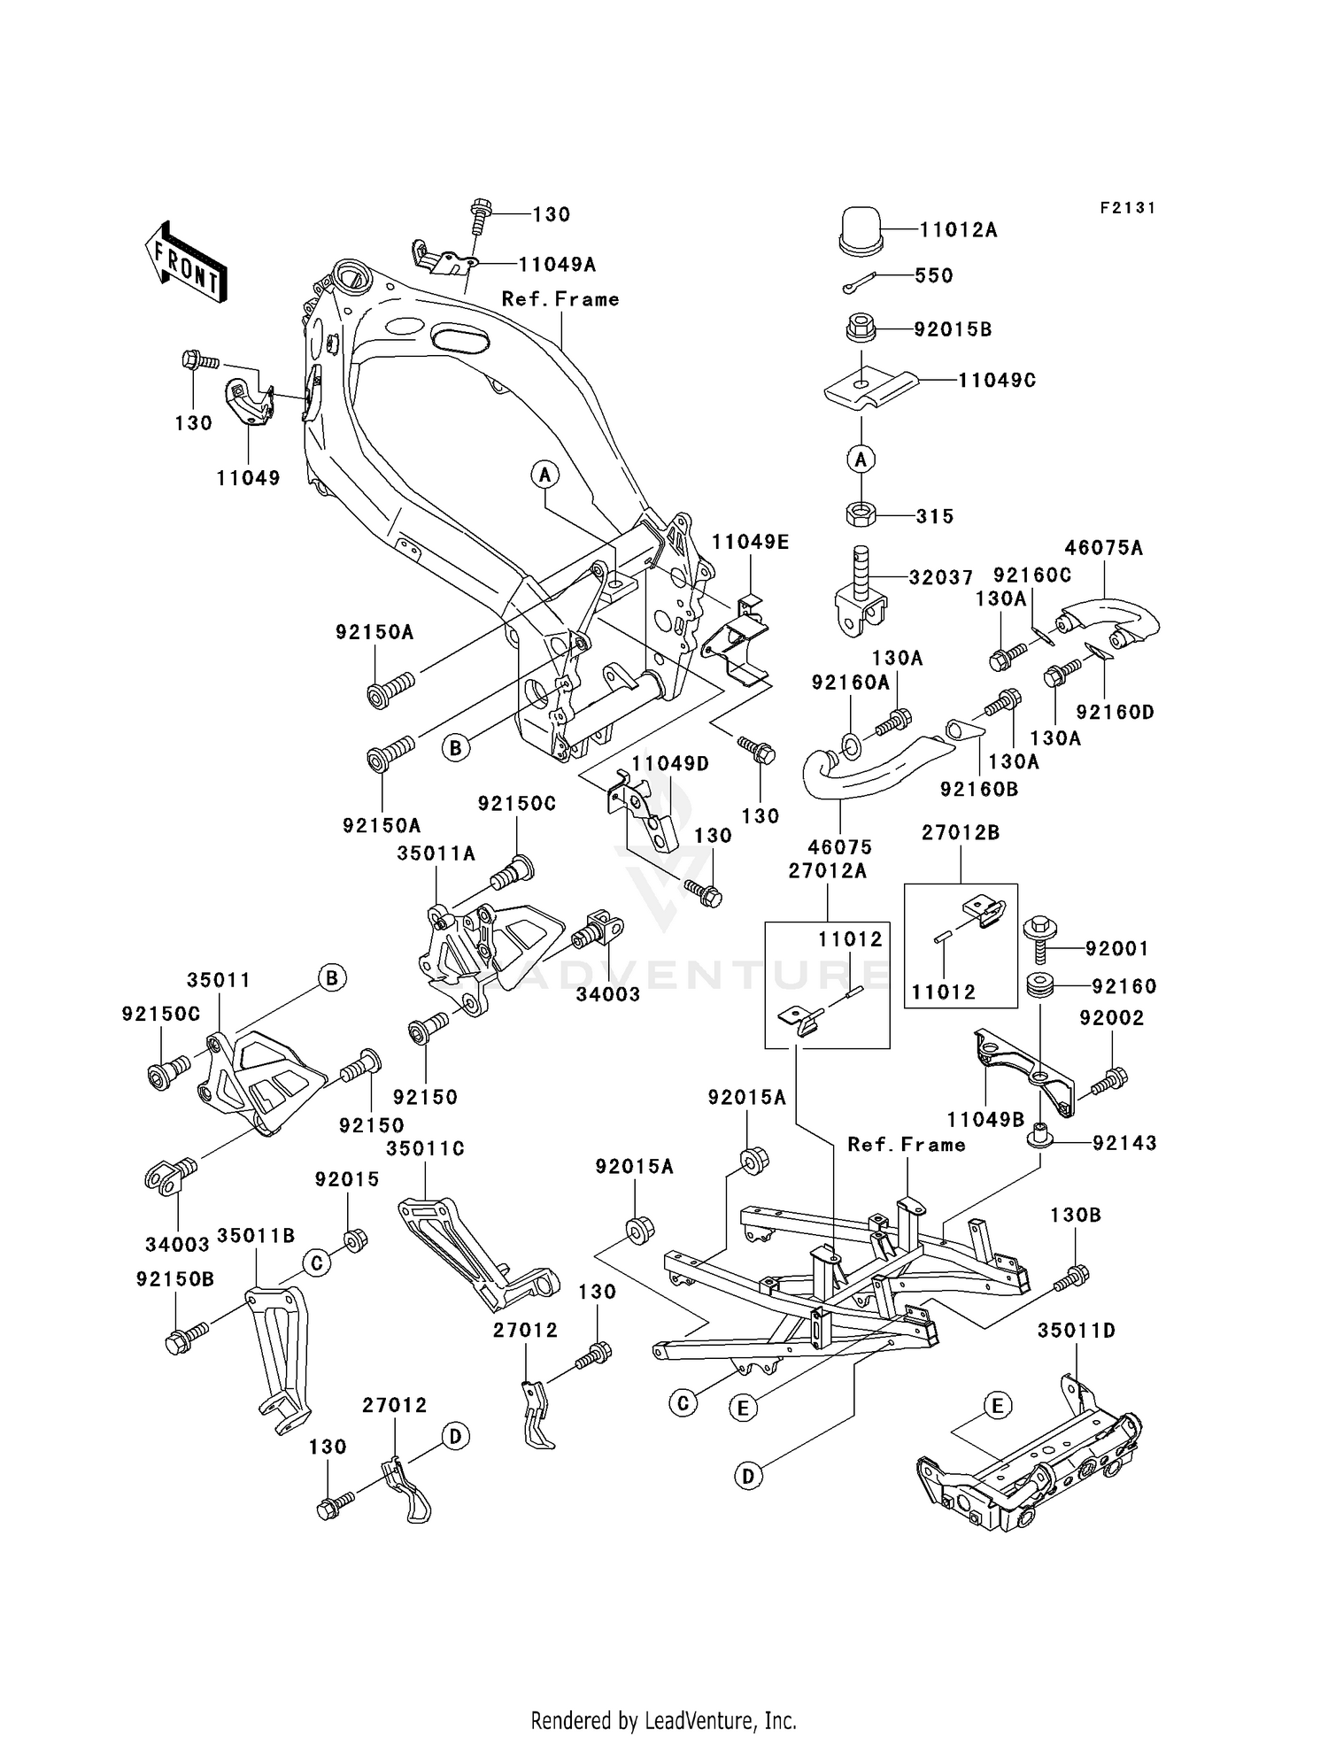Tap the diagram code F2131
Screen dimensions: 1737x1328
coord(1127,208)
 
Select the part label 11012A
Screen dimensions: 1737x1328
coord(958,230)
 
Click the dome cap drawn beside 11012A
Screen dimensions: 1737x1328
coord(861,231)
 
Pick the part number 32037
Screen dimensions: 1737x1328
coord(941,577)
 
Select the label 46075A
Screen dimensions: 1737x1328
coord(1104,548)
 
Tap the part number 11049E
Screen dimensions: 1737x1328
coord(750,543)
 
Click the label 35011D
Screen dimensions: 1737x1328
coord(1077,1331)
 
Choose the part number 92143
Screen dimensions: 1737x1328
coord(1124,1143)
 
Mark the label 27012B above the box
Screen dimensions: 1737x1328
coord(961,832)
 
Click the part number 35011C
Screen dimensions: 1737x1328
coord(425,1148)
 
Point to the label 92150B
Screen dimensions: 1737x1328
coord(175,1279)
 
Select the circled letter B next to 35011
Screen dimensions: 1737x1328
coord(331,977)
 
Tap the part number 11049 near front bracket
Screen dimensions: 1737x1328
coord(248,478)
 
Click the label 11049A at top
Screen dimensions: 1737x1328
coord(557,264)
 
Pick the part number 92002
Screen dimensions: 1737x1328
coord(1111,1018)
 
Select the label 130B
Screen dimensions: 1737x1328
coord(1076,1216)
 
